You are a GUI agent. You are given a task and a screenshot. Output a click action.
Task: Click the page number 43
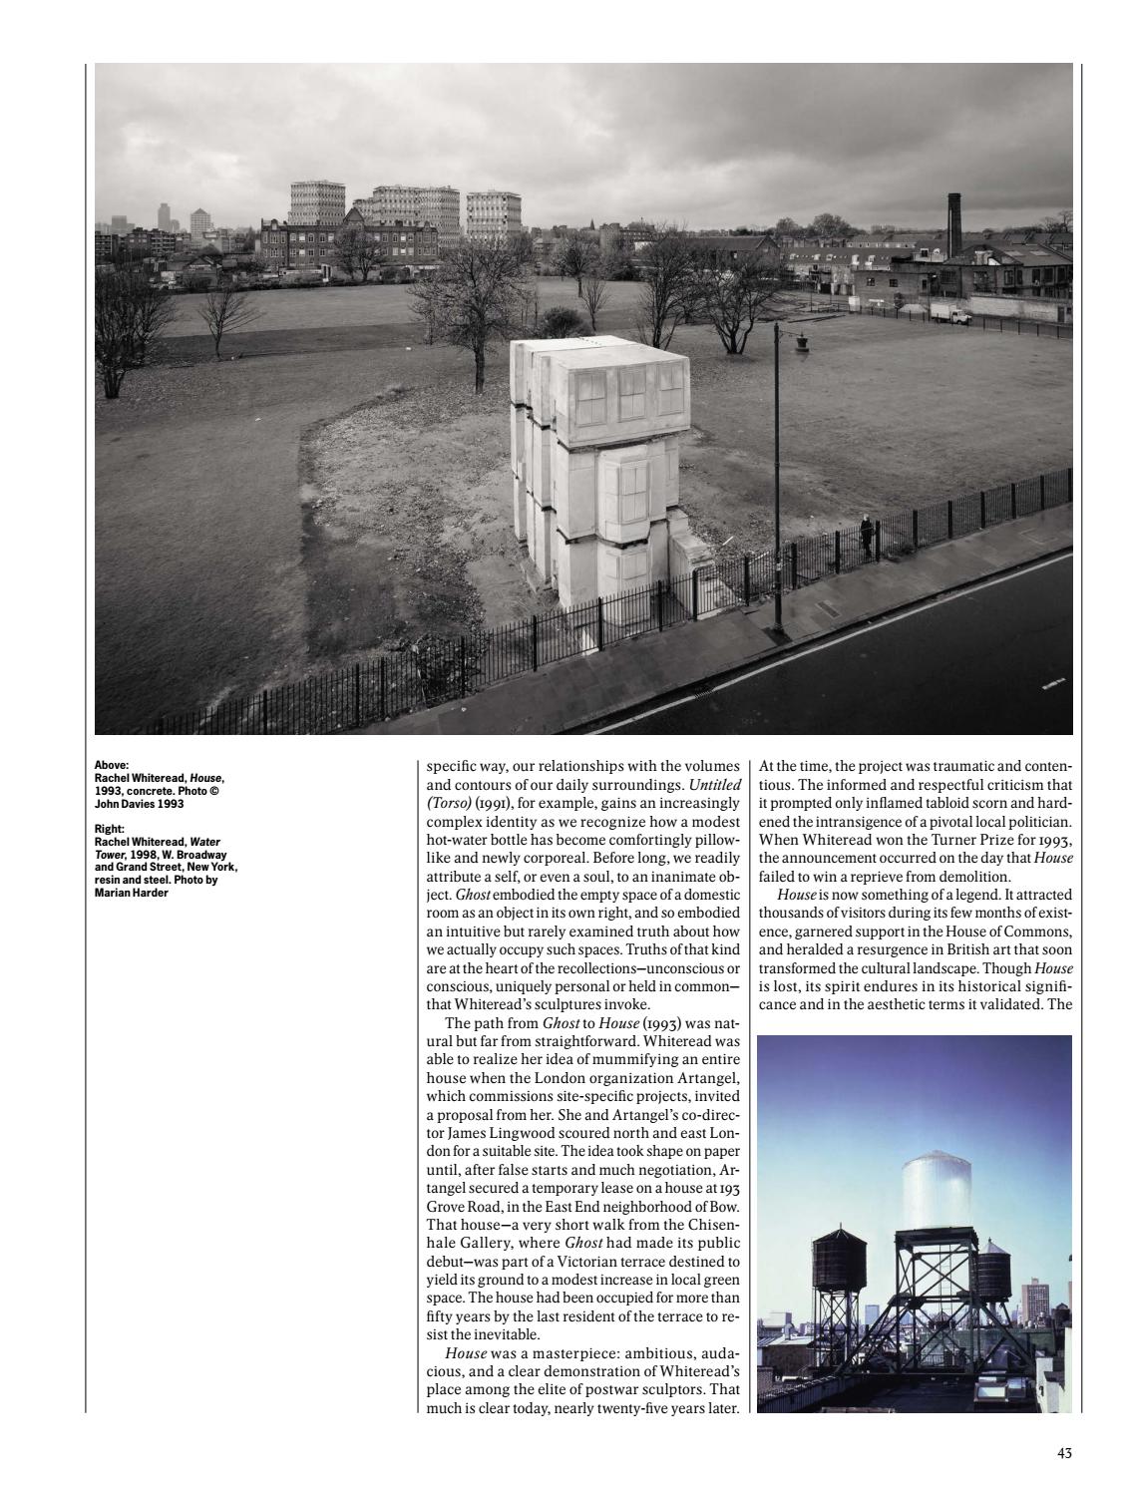tap(1064, 1452)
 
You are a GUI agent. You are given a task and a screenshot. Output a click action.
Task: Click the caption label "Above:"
tap(112, 766)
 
